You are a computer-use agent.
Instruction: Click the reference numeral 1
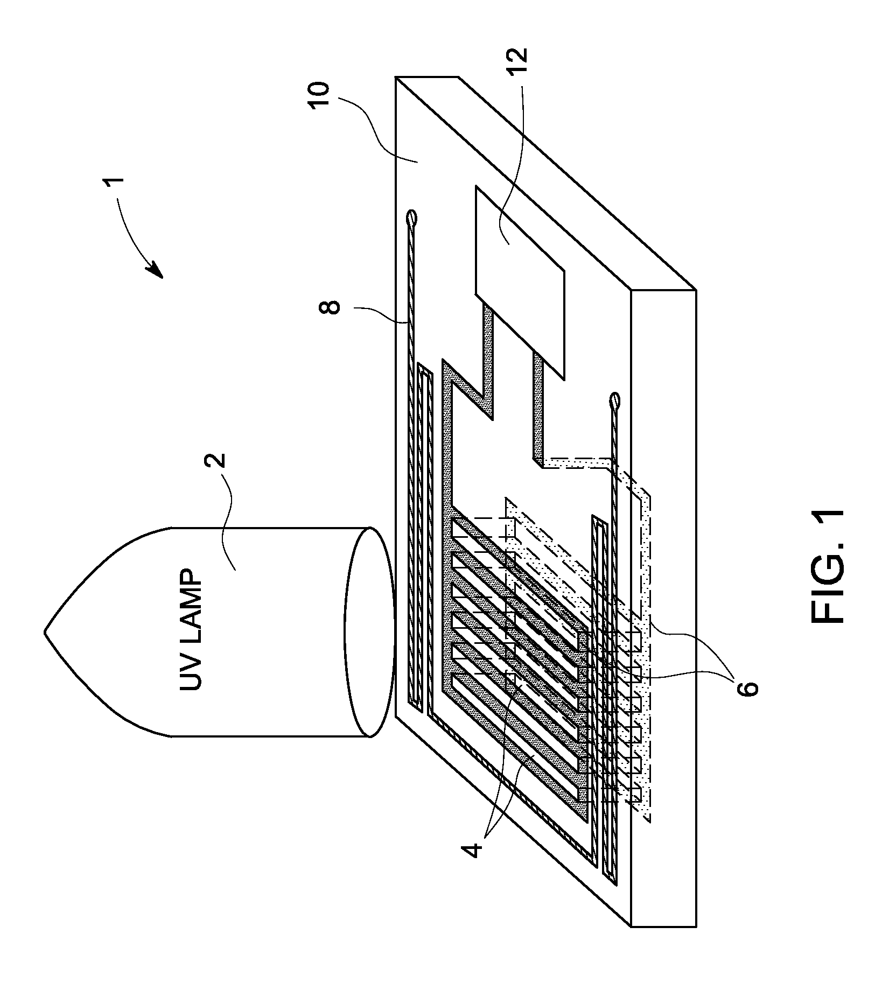pos(117,185)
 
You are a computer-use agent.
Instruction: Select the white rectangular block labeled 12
pos(520,281)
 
